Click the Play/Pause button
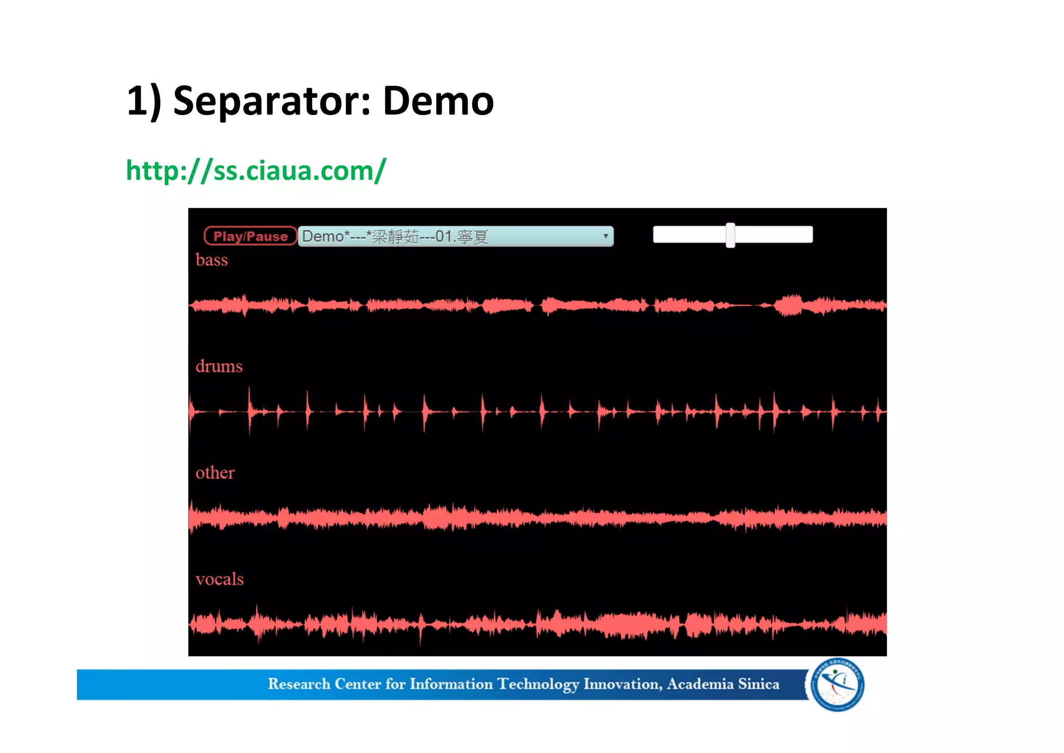point(250,236)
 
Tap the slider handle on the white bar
point(730,235)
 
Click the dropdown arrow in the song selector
point(605,236)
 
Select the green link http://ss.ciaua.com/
point(256,171)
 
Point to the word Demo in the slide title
point(438,101)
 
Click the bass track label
point(211,260)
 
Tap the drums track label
point(219,367)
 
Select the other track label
point(215,473)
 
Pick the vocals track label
point(219,579)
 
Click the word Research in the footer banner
point(299,684)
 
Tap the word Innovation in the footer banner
point(622,684)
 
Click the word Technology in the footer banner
point(538,684)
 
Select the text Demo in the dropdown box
point(323,237)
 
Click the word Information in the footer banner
point(451,684)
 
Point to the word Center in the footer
point(357,684)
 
